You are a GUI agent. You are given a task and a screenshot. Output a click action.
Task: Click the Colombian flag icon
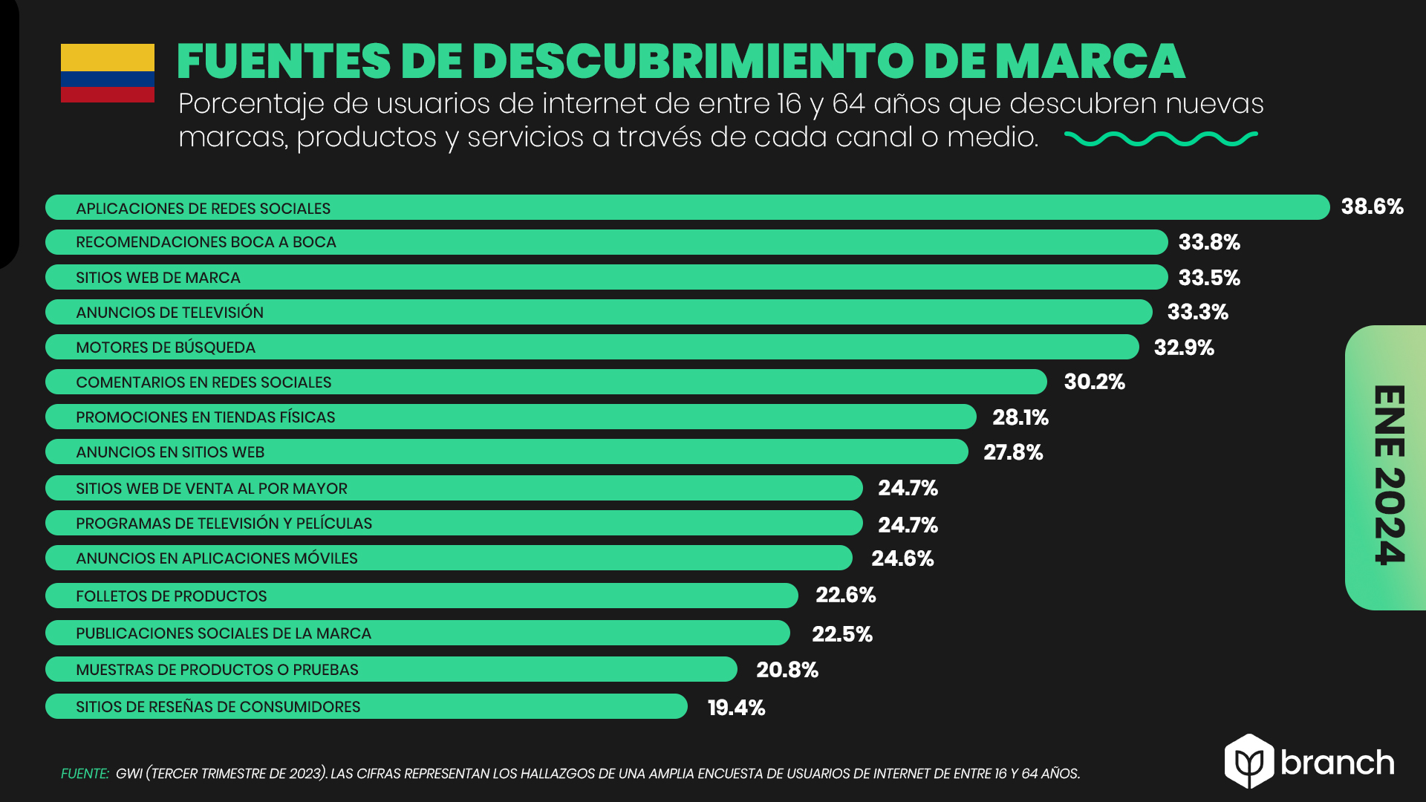point(108,73)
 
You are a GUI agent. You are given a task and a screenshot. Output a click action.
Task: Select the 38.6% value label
point(1372,206)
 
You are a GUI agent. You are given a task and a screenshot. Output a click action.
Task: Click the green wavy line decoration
point(1160,138)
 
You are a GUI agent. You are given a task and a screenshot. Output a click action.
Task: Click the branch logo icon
point(1249,761)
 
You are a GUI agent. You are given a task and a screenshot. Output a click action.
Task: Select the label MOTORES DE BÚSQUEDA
point(166,348)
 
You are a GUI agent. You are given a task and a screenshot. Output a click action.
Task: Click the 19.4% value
point(736,708)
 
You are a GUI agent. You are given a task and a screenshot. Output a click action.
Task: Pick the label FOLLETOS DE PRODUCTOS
point(171,596)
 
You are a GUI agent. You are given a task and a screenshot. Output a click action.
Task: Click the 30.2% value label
point(1094,382)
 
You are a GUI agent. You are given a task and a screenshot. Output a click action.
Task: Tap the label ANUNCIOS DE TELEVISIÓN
point(169,313)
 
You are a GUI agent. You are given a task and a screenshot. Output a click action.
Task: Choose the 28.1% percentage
point(1020,417)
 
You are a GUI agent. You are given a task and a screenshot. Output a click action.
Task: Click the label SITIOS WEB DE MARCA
point(158,278)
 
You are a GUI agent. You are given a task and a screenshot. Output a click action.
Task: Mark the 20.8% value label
point(787,670)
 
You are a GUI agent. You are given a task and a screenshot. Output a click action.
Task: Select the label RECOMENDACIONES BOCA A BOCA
point(206,242)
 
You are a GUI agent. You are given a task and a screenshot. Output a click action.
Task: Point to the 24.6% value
point(902,558)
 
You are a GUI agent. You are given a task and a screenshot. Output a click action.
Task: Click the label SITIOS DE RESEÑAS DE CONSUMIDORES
point(218,707)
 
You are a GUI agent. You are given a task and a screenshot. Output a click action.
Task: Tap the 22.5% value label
point(842,634)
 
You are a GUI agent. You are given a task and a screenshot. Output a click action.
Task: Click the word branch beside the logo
point(1337,763)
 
